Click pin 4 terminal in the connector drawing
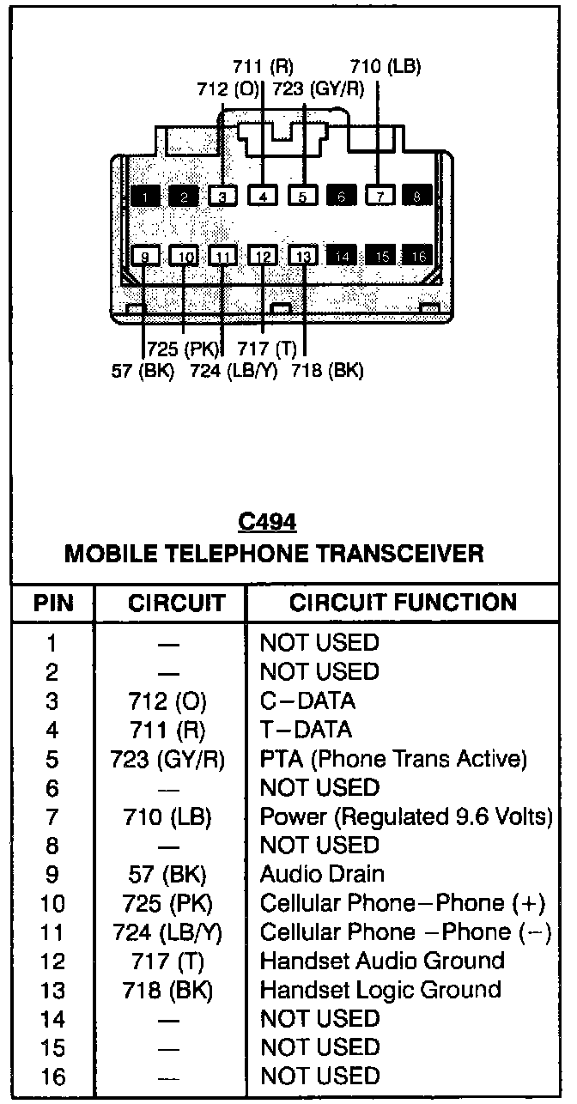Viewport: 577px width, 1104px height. pos(263,197)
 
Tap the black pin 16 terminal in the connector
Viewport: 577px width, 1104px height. pos(419,256)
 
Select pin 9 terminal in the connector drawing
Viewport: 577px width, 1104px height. pos(145,256)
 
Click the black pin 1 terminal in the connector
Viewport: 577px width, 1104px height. pos(145,197)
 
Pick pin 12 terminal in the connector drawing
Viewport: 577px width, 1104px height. pos(264,256)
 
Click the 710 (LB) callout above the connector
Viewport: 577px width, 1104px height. pos(386,67)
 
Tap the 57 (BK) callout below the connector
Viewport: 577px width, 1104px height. pos(143,372)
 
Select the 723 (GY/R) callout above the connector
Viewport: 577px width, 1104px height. pos(318,88)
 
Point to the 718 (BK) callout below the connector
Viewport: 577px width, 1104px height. pos(327,372)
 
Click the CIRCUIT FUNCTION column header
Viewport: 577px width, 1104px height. pos(403,603)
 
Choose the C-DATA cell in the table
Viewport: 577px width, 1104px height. pos(307,701)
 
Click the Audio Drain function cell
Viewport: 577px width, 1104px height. pos(322,874)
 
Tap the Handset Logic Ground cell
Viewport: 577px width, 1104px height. pos(380,990)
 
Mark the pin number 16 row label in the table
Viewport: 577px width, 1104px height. pos(52,1077)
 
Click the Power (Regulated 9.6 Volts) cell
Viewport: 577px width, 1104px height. pos(406,816)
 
